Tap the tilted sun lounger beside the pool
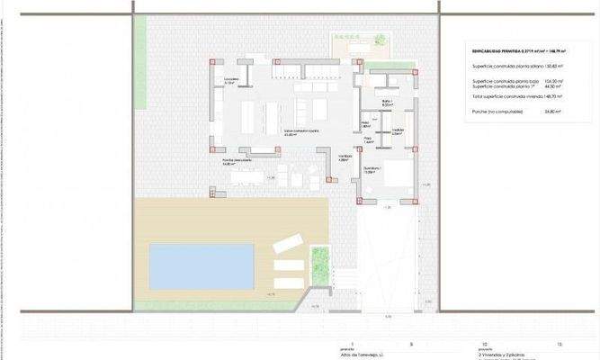pos(289,242)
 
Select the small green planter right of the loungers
pos(318,265)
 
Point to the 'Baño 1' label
pos(388,102)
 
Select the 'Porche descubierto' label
pos(236,162)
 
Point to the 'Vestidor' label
pos(399,131)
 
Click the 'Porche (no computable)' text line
pos(497,112)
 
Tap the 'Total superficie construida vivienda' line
pos(509,96)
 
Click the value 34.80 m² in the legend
pos(552,112)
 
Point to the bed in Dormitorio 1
pos(395,179)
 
